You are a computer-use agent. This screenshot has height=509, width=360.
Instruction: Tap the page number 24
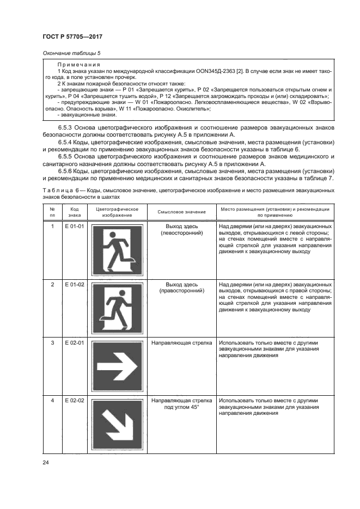point(45,463)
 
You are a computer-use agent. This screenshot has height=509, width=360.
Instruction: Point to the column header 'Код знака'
point(74,212)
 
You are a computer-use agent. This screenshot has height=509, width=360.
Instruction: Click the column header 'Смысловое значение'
point(181,212)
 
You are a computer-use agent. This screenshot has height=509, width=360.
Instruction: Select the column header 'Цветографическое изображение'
point(117,212)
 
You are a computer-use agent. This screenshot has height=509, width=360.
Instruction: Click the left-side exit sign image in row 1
point(118,250)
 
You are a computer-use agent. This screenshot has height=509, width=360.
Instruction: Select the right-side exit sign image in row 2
point(118,309)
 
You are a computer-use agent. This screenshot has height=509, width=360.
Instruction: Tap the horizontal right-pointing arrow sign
point(118,367)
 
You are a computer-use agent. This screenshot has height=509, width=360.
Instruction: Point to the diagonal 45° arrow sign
point(118,425)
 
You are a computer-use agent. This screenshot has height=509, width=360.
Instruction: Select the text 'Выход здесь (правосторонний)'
point(181,287)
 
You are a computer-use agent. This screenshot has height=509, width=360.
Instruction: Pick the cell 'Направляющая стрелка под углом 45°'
point(181,404)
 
